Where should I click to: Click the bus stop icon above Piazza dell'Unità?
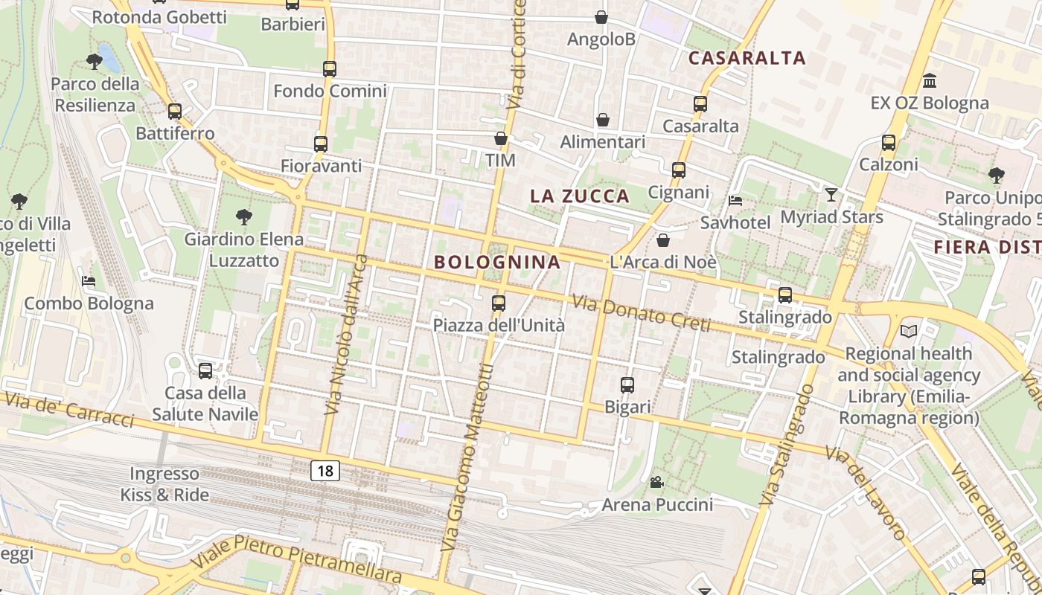click(499, 303)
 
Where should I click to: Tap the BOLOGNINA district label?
click(497, 262)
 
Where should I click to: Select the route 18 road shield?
click(325, 470)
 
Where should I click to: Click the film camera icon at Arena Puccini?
click(656, 483)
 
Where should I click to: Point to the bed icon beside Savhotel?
click(735, 201)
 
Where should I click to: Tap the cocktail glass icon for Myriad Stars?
click(831, 195)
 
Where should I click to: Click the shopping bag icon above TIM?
click(501, 138)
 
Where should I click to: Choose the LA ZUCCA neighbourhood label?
click(580, 196)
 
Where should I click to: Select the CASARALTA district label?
click(747, 58)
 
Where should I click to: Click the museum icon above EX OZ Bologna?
click(930, 80)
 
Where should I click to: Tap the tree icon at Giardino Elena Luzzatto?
click(243, 217)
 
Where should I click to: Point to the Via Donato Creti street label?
click(641, 314)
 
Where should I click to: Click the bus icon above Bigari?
click(627, 385)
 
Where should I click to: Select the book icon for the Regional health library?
click(908, 331)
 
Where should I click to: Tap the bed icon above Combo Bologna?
click(89, 281)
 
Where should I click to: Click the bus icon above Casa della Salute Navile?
click(205, 370)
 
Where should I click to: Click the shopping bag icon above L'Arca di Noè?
click(662, 240)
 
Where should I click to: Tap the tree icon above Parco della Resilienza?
click(95, 61)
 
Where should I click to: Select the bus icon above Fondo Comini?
click(330, 69)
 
